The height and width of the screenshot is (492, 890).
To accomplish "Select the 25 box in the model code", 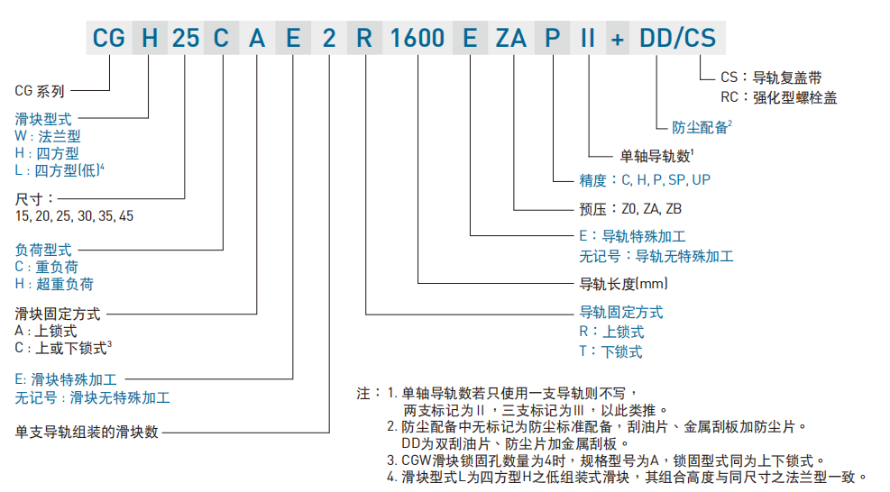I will click(x=185, y=38).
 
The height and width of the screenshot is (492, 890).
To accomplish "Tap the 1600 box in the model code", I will click(x=418, y=38).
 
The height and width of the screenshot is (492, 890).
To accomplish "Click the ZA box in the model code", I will click(x=509, y=38).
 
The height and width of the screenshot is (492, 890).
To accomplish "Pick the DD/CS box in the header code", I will click(x=676, y=38).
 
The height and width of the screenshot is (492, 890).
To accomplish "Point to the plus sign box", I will click(x=618, y=38).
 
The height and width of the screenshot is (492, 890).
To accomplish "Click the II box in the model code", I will click(x=587, y=38).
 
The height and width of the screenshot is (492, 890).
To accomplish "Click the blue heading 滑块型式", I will click(x=43, y=118).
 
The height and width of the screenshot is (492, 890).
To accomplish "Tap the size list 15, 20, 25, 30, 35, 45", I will click(x=75, y=216).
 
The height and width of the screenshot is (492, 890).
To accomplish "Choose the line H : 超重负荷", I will click(x=54, y=284).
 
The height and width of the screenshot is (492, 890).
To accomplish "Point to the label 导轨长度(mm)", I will click(x=623, y=284).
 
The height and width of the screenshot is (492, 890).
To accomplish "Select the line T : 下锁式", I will click(x=610, y=351).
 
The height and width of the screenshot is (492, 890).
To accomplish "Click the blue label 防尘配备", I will click(x=700, y=127).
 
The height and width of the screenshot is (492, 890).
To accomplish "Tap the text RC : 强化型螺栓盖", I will click(x=779, y=97).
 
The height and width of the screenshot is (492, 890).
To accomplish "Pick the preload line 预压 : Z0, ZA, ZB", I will click(x=630, y=208).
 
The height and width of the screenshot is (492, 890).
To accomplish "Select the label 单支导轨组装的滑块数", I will click(x=87, y=432).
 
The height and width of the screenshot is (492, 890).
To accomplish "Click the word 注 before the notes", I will click(x=363, y=394).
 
